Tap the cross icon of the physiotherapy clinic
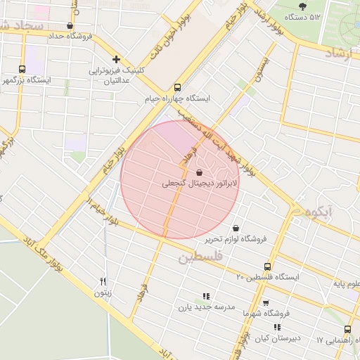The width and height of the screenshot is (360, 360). [117, 60]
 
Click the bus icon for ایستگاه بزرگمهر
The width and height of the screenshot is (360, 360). [22, 69]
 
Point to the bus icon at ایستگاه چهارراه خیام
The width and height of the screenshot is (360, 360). [176, 88]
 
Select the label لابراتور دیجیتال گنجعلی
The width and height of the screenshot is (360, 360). [200, 184]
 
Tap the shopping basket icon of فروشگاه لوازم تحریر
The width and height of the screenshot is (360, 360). [234, 228]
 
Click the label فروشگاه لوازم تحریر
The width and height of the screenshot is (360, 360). [236, 239]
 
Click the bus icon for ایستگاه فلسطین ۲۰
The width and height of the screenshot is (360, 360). [266, 266]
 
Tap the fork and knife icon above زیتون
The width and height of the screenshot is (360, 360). [103, 282]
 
